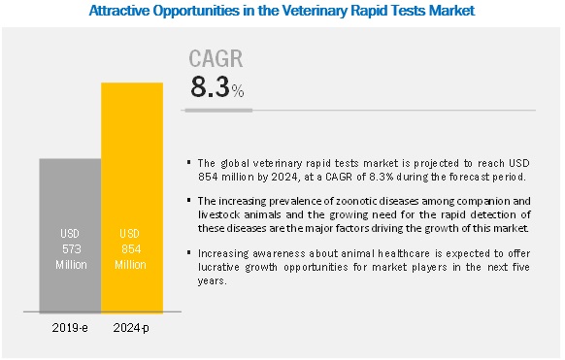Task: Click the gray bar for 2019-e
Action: point(70,236)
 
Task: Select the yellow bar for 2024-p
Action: point(132,198)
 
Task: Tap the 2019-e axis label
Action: point(70,328)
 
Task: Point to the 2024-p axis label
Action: point(131,328)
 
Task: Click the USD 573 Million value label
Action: point(71,249)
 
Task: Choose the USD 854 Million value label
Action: point(130,249)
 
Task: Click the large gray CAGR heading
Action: point(216,58)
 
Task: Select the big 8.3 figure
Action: point(210,87)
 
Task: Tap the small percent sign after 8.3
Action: point(238,91)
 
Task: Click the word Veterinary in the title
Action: point(315,11)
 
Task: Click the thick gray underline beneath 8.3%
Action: point(218,111)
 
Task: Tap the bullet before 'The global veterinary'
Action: point(188,163)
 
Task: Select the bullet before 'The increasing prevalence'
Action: point(188,200)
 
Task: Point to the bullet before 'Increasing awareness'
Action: point(188,252)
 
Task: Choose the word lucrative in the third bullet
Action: point(218,267)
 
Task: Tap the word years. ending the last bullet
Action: point(213,281)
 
